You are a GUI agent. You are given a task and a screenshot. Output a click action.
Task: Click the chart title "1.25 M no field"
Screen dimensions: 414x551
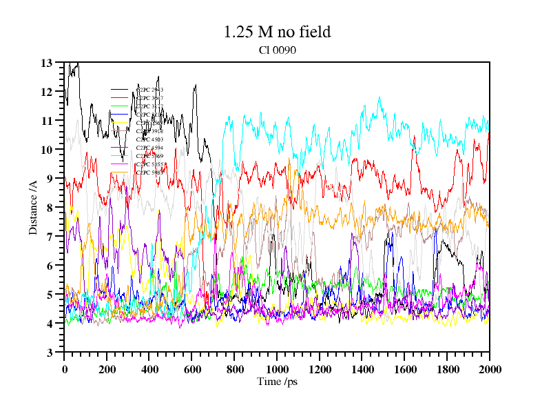tap(277, 32)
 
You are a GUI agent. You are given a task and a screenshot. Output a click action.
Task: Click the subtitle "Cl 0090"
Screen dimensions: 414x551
tap(277, 50)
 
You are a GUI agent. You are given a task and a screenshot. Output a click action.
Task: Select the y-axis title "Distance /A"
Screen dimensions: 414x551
tap(32, 207)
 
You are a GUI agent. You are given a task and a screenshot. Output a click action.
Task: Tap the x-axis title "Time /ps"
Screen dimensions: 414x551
tap(276, 382)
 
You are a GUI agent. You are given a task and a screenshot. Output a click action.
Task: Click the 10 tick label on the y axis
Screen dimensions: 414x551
tap(47, 150)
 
